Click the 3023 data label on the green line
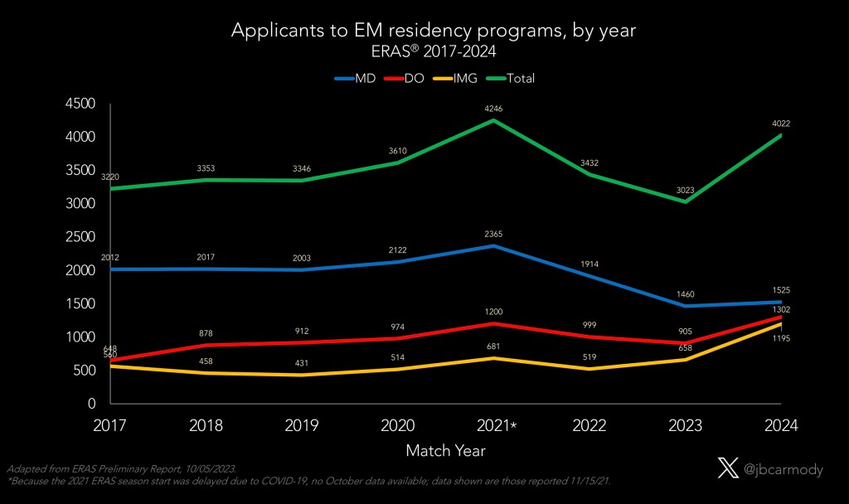(686, 191)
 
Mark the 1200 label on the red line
(494, 313)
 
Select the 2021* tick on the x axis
(496, 425)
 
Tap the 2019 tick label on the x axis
(302, 425)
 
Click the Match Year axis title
(445, 451)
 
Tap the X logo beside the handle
(727, 469)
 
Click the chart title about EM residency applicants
(434, 31)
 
